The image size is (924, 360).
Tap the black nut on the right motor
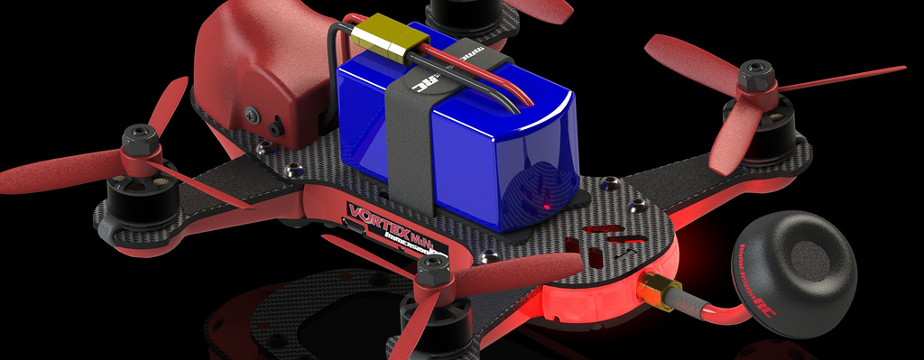point(756,77)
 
